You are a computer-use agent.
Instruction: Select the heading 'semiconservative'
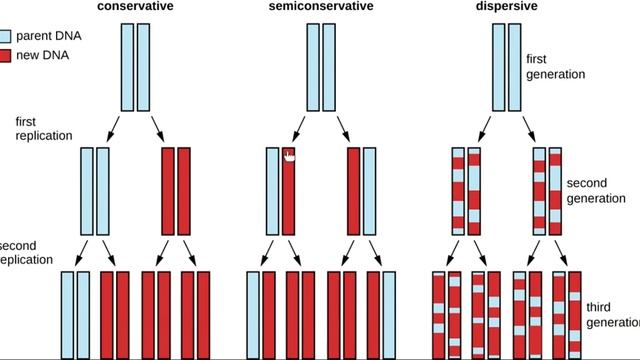[320, 6]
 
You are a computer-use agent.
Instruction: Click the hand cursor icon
[289, 155]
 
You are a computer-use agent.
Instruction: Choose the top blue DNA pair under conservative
[135, 57]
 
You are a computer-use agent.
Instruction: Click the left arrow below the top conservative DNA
[114, 128]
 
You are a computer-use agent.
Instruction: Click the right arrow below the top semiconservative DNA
[342, 128]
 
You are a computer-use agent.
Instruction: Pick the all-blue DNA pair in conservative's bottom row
[75, 314]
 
